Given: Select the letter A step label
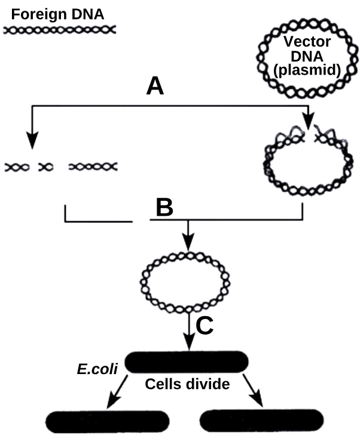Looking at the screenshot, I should coord(155,87).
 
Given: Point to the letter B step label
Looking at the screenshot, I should coord(164,207).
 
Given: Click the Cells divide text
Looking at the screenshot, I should coord(188,384).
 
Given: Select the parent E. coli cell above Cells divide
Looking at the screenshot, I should coord(187,361).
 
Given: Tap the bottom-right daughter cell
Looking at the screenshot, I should coord(263,421).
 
